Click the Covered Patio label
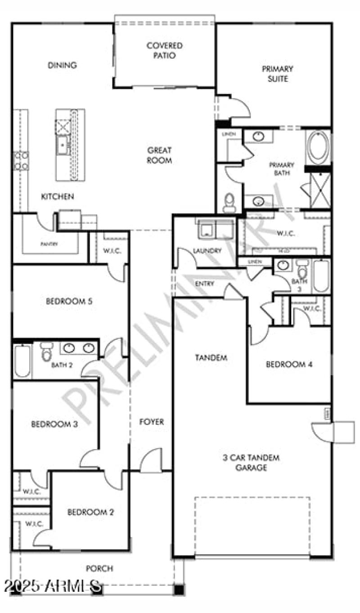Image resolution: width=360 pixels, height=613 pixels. (x=164, y=50)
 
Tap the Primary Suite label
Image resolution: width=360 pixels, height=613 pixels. (x=278, y=74)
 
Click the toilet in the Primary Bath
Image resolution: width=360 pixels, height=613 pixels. (x=229, y=203)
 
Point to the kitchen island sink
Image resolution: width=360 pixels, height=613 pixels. (x=63, y=144)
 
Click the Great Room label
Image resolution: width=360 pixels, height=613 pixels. (x=159, y=155)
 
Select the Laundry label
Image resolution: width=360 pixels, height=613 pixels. (x=207, y=251)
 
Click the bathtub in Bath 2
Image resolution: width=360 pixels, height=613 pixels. (x=22, y=361)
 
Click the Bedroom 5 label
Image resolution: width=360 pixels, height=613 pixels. (x=69, y=302)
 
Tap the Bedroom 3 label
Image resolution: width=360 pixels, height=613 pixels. (x=54, y=424)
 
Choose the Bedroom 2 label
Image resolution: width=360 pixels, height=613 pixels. (x=90, y=512)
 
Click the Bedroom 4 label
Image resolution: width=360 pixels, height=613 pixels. (x=289, y=365)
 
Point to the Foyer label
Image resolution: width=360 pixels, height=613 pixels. (x=151, y=422)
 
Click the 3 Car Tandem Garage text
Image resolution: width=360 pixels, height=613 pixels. (x=251, y=463)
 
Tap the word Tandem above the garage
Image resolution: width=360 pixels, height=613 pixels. (x=211, y=358)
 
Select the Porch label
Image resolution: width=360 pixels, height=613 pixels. (x=99, y=568)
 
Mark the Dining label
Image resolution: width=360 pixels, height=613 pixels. (x=62, y=65)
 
